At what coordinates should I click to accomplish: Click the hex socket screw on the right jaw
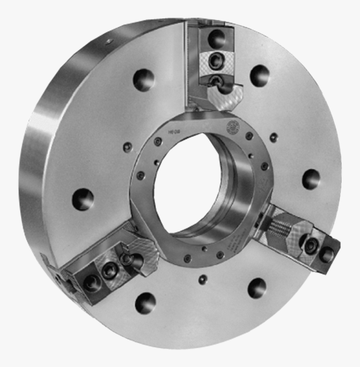[x=310, y=246]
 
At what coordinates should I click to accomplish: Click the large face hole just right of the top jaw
[x=260, y=76]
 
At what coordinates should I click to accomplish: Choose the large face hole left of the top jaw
[x=144, y=80]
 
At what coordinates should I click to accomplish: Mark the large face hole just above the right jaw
[x=311, y=179]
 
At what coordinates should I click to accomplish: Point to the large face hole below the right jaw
[x=257, y=288]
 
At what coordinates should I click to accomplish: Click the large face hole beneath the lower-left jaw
[x=145, y=303]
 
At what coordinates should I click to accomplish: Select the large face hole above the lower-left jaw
[x=82, y=199]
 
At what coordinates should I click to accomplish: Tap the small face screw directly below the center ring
[x=203, y=279]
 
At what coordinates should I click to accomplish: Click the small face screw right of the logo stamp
[x=274, y=137]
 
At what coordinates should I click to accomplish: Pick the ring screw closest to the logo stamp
[x=249, y=136]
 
